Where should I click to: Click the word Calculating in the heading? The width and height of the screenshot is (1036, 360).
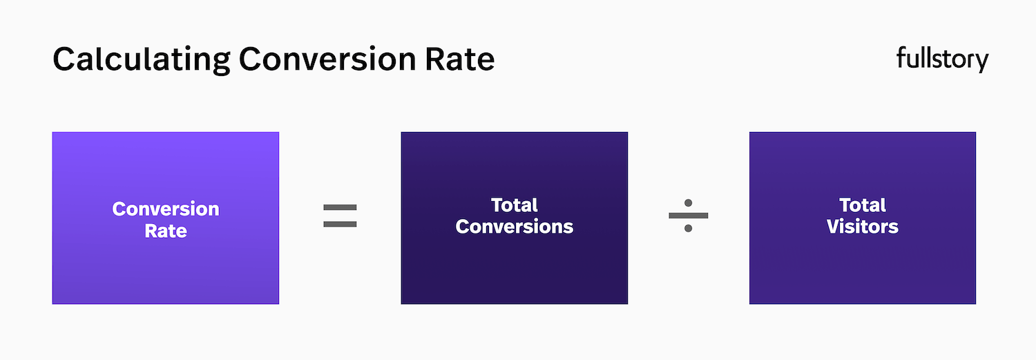141,60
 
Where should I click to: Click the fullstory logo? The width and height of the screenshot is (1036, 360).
942,59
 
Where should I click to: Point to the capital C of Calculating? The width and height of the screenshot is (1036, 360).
64,60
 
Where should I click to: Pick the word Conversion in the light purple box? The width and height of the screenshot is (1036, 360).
166,209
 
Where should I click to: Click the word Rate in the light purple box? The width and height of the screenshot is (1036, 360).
166,231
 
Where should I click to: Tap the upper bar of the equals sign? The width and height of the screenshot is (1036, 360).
340,207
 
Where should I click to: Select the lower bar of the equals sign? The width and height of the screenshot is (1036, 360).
340,224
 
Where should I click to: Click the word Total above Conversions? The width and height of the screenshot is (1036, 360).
515,205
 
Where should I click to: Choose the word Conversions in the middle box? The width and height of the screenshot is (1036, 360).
515,227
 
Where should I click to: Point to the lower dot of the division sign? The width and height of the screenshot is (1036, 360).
689,228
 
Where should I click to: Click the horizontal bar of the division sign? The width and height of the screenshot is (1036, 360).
689,215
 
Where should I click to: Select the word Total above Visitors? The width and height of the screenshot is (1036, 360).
863,205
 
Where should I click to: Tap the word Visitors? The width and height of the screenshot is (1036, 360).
863,227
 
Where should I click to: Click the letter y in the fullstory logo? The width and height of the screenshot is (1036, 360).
981,61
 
